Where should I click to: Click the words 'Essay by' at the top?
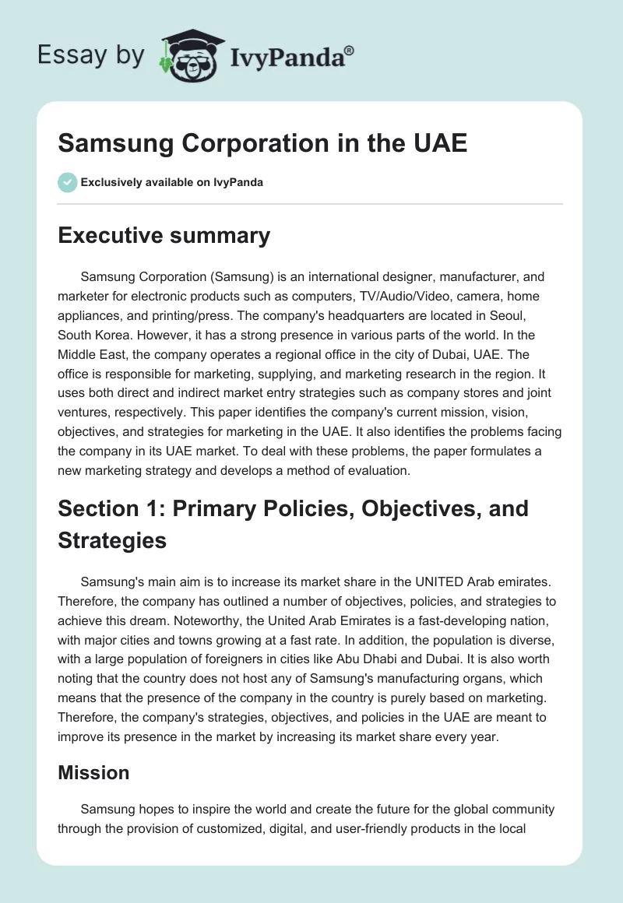pos(90,54)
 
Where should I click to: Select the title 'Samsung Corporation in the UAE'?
pos(262,143)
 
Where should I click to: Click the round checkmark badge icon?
pos(67,182)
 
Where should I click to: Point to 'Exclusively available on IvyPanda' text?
pos(171,183)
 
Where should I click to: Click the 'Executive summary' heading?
pos(164,235)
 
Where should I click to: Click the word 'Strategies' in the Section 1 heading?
pos(112,540)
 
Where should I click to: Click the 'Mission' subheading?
pos(93,772)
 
